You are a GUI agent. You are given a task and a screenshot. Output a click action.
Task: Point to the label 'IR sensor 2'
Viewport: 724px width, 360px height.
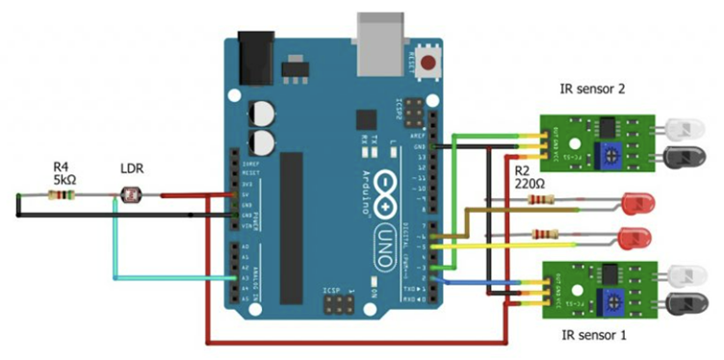(x=592, y=90)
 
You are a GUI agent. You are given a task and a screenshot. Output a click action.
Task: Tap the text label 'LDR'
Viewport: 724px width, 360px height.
(x=133, y=168)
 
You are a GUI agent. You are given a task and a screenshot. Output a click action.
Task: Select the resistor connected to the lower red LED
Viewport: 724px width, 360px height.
(x=546, y=233)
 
